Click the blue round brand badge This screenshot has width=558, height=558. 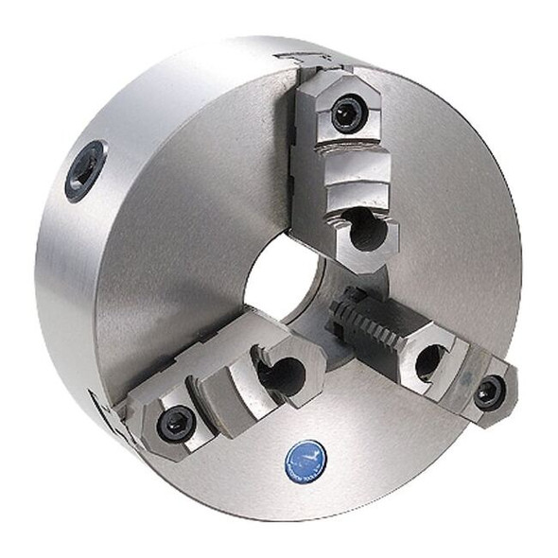point(305,460)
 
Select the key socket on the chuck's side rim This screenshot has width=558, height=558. point(85,170)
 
